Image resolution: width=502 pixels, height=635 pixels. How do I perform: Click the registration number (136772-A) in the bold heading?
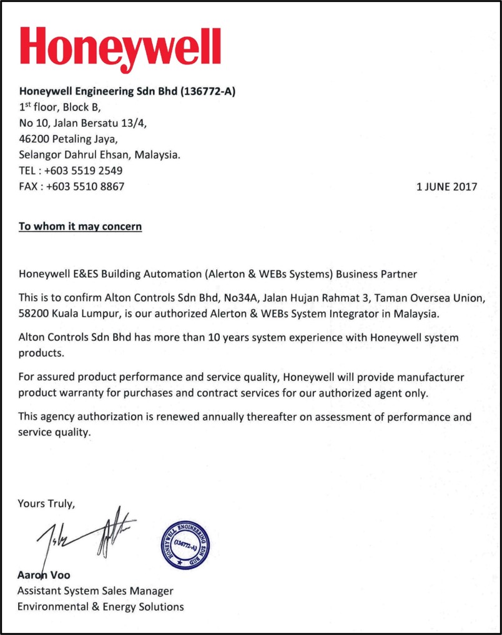[207, 92]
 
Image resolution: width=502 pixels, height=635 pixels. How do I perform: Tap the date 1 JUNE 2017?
[446, 186]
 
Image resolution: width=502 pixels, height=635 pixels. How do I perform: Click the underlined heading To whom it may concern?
[81, 225]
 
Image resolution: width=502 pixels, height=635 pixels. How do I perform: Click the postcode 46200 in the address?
[34, 139]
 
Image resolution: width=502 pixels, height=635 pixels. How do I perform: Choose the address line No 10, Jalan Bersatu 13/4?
[82, 123]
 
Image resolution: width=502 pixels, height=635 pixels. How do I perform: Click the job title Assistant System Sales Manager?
[95, 591]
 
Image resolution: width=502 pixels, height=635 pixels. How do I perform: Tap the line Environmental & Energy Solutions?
[101, 606]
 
